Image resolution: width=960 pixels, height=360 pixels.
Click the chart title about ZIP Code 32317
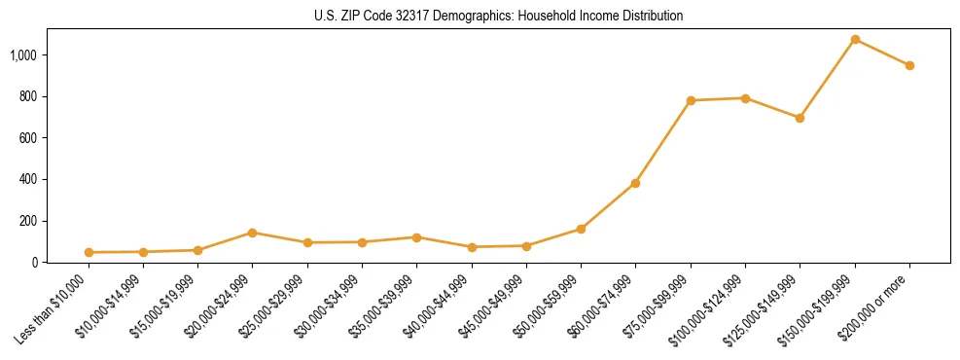click(499, 16)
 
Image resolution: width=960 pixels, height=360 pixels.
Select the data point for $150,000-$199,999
click(855, 40)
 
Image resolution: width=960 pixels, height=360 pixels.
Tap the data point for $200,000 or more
click(909, 66)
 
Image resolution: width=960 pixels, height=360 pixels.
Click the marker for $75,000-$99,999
click(691, 100)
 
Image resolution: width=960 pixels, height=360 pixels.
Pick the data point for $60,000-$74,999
click(635, 183)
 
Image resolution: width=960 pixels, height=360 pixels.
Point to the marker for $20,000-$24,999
click(252, 233)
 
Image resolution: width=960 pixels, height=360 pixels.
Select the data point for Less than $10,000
click(89, 252)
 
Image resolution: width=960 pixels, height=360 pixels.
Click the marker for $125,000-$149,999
click(800, 118)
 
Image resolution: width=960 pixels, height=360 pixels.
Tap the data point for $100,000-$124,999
click(745, 98)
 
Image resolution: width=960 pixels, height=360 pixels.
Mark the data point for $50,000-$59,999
click(581, 229)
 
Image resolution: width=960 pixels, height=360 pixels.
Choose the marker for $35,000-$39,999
click(416, 237)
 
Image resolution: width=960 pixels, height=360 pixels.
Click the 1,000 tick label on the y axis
click(24, 55)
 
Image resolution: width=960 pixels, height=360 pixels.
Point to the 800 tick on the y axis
click(29, 96)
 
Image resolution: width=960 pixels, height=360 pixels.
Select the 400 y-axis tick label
click(29, 179)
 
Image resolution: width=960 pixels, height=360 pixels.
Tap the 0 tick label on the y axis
click(35, 262)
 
